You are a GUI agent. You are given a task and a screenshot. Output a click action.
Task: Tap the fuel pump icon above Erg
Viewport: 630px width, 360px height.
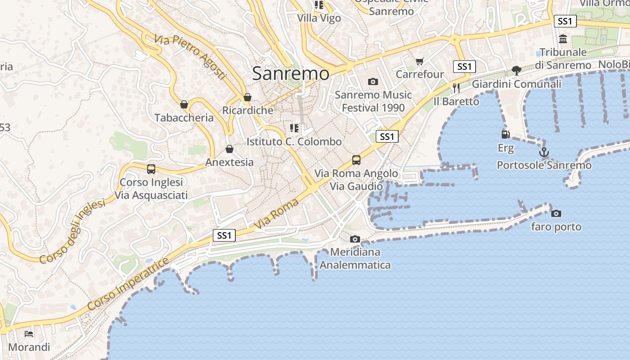pos(505,134)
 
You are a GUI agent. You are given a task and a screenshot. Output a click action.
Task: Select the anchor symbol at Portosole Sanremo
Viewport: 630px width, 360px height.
pos(544,152)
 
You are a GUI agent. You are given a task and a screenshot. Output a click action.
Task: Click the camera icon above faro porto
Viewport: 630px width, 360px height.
pos(556,213)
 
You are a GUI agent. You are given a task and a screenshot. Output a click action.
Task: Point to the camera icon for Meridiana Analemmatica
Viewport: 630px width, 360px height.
pos(355,239)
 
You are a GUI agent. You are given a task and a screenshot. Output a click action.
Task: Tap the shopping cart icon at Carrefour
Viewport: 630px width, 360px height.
pos(419,61)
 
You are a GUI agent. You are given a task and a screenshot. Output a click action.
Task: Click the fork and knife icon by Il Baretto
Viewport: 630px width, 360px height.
pos(456,88)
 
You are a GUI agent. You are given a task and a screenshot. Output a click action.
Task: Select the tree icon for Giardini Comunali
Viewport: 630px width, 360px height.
pos(516,70)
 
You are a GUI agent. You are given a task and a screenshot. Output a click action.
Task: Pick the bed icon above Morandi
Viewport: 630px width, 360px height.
pos(29,334)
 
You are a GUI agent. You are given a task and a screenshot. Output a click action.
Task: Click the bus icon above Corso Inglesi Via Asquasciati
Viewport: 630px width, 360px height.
pos(151,169)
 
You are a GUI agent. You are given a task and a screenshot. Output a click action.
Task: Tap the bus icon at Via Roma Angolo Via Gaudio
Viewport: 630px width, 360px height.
pos(356,160)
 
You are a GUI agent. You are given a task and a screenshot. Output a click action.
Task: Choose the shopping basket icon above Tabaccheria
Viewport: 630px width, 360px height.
pos(184,104)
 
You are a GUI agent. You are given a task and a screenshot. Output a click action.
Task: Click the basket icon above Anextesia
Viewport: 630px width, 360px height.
pos(229,149)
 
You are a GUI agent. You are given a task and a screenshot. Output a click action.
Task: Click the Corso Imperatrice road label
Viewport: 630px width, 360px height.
pos(128,284)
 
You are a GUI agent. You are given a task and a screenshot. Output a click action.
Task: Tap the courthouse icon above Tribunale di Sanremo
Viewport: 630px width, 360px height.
pos(563,39)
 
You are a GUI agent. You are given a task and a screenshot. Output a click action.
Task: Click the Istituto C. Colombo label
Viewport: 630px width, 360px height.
pos(294,142)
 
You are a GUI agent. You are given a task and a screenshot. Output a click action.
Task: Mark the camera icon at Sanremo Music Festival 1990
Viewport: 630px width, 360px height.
pos(373,81)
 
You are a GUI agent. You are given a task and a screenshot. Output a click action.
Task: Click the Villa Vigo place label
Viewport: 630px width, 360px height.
pos(319,18)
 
